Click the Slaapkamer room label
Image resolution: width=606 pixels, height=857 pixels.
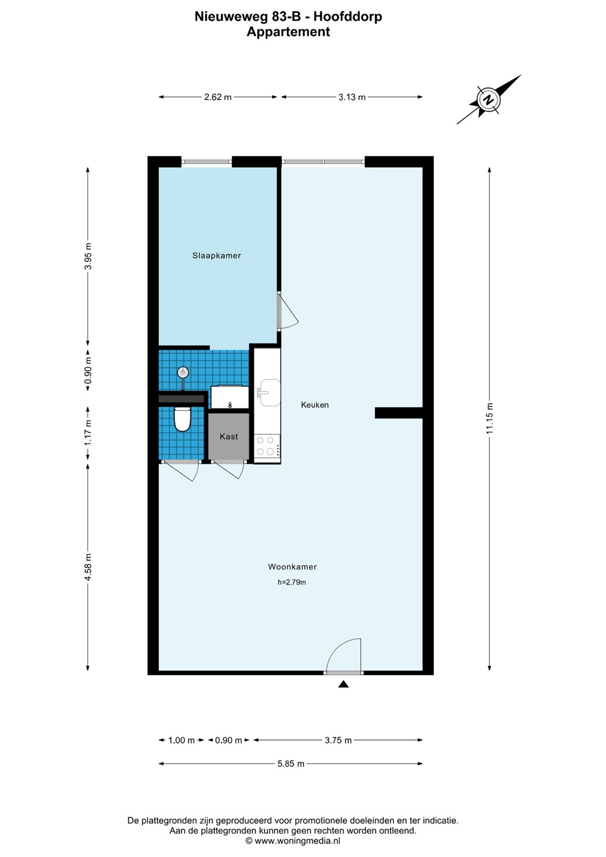click(217, 255)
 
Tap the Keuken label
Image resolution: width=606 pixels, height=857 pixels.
click(315, 405)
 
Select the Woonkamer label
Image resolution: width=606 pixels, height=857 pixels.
click(292, 567)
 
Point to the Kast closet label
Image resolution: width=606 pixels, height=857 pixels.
click(229, 437)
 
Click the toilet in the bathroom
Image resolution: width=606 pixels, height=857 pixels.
click(182, 419)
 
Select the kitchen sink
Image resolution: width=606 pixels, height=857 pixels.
click(270, 393)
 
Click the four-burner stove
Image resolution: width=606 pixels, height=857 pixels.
click(267, 446)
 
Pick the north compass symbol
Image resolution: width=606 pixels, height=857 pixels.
click(488, 100)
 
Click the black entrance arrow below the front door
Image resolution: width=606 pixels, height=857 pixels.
click(343, 684)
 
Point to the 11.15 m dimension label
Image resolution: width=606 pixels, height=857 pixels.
click(490, 419)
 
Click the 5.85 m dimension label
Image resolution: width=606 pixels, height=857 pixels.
click(290, 772)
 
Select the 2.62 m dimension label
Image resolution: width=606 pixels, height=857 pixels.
click(218, 97)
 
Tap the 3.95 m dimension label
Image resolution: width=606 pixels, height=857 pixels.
click(88, 257)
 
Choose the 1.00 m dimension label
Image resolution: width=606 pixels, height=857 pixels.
click(182, 740)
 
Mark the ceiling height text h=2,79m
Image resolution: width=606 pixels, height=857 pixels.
click(292, 583)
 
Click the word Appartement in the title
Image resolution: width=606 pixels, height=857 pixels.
click(288, 32)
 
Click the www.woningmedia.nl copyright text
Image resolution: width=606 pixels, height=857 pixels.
click(293, 841)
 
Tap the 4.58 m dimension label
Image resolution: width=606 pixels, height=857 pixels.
click(88, 567)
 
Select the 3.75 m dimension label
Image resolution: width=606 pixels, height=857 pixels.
click(338, 740)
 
